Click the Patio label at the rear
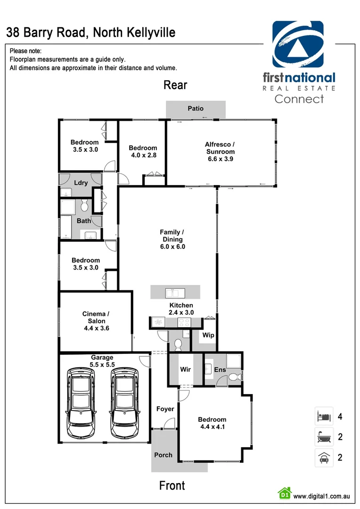pos(196,108)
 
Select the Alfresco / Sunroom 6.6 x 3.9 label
pos(221,151)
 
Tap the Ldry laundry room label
pos(81,183)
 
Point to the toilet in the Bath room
pos(85,206)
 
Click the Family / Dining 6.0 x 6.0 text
pos(172,239)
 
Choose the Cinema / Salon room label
pos(96,321)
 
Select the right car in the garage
pos(125,402)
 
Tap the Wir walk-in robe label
pos(186,369)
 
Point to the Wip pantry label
pos(208,336)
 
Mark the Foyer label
pos(165,409)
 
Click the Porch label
pos(164,455)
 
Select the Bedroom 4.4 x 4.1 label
pos(212,423)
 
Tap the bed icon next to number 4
pos(324,417)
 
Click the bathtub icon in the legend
pos(324,437)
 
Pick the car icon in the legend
pos(324,457)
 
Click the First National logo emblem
pos(298,45)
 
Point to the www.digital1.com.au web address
pos(321,496)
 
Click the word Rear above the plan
pos(175,85)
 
